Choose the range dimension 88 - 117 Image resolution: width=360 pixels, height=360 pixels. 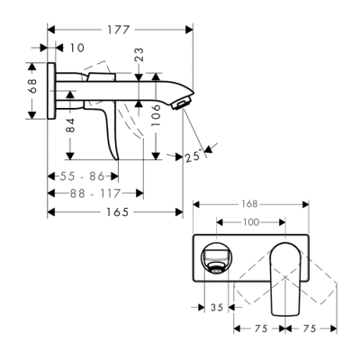pos(94,193)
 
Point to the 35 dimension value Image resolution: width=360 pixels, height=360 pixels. pos(217,308)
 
